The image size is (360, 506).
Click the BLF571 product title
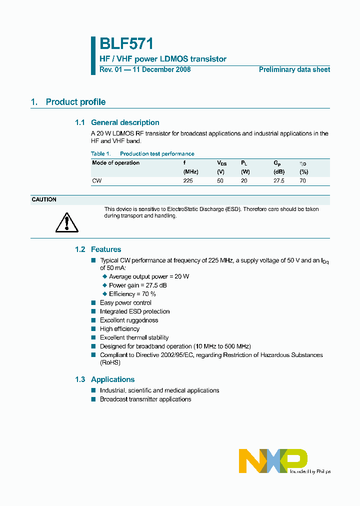126,44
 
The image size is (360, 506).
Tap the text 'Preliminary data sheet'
294,69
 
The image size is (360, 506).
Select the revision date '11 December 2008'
161,69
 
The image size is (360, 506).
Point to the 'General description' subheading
125,122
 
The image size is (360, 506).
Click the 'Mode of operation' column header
115,163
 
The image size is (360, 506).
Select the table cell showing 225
188,180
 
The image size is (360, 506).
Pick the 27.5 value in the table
278,180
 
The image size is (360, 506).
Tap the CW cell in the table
96,180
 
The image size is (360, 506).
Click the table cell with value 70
302,180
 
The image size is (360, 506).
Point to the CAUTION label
44,199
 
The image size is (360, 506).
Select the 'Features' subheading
106,249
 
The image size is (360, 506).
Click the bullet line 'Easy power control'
125,302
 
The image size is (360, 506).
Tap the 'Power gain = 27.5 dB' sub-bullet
137,285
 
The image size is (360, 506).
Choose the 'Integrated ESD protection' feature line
134,311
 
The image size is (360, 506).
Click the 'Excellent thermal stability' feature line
134,337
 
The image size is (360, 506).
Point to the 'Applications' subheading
112,379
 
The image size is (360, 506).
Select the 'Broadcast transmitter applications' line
145,399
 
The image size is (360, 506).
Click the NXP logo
272,460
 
